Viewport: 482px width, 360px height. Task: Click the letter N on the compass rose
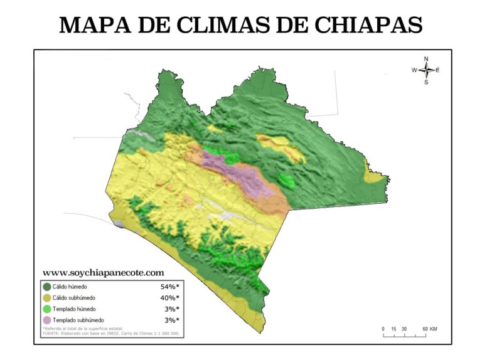point(426,58)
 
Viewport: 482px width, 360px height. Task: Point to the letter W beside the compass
point(414,70)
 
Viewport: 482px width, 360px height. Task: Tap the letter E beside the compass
point(437,70)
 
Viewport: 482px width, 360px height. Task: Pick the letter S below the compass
point(426,82)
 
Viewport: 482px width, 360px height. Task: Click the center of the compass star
point(426,70)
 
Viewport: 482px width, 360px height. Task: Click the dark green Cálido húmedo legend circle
point(47,287)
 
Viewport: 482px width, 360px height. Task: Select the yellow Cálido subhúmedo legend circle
point(47,298)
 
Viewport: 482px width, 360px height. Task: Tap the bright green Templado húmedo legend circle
point(47,309)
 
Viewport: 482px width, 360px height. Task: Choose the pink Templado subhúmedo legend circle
point(47,320)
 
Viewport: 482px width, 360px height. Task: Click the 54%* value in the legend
point(169,287)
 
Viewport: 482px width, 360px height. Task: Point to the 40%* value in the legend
point(169,298)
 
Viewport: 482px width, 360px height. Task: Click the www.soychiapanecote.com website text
point(104,273)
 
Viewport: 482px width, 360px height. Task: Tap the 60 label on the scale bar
point(425,329)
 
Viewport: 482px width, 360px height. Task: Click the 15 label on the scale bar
point(394,329)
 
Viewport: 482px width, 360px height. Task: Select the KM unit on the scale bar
point(434,329)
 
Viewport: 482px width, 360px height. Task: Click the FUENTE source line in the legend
point(110,334)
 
